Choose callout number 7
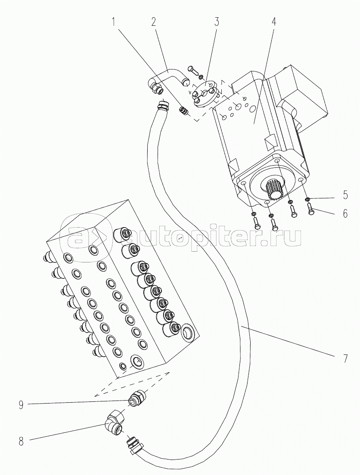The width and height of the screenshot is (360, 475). point(345,358)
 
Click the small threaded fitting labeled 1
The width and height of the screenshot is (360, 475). point(184,111)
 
